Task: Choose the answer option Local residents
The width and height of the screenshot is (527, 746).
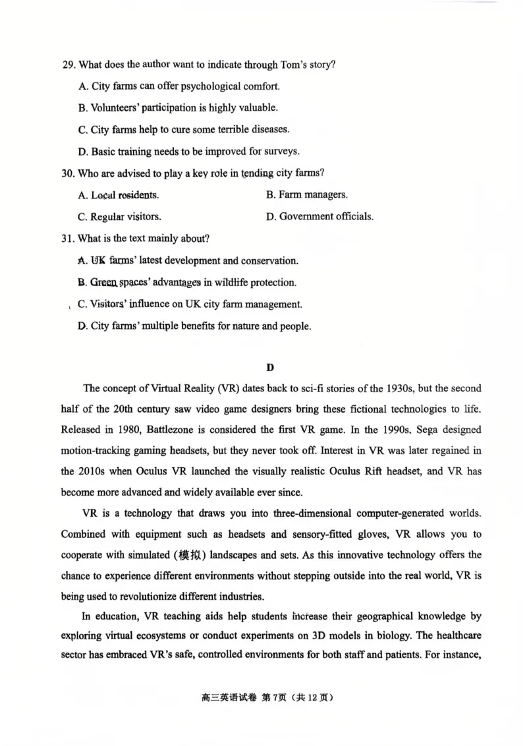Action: point(118,195)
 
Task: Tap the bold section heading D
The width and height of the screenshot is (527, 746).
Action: point(269,366)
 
